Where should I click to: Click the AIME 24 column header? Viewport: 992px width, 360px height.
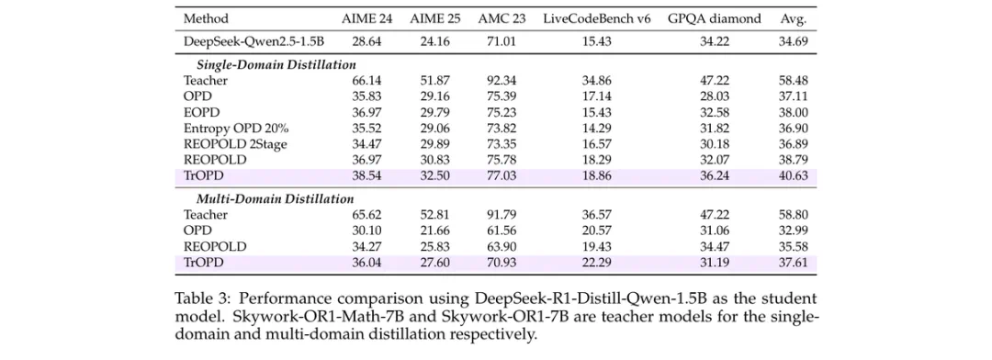[x=366, y=18]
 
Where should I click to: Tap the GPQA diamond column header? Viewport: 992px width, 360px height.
[x=715, y=18]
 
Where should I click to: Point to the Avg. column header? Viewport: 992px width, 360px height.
[x=794, y=19]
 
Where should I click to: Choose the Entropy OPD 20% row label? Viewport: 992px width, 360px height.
[x=236, y=129]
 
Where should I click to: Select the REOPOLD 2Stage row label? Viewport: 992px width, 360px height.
[x=235, y=144]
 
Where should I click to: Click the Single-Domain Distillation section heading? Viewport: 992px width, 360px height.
[x=276, y=64]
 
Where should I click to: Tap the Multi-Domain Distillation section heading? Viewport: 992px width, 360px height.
[x=276, y=198]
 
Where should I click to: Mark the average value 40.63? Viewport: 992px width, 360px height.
[x=794, y=176]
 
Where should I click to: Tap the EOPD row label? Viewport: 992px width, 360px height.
[x=198, y=113]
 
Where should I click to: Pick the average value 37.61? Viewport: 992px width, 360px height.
[x=794, y=263]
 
